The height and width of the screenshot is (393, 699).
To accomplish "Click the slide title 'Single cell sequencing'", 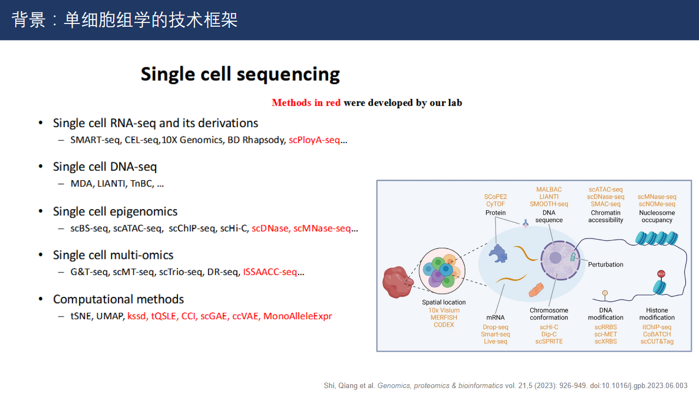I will pos(240,74).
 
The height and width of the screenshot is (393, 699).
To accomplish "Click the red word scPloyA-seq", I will pos(315,140).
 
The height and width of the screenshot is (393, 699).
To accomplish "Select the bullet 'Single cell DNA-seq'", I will pos(104,166).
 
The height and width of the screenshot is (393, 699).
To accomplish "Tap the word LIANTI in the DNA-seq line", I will pos(111,183).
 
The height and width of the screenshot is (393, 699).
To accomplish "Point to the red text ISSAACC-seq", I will pos(270,272).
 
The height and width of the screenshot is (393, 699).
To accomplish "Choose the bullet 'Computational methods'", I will pos(118,299).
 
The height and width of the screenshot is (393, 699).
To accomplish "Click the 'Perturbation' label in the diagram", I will pos(606,265).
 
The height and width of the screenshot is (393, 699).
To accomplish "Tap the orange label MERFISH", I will pos(444,318).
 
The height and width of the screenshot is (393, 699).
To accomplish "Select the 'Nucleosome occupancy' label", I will pos(657,216).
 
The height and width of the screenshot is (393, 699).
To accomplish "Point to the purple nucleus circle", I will pos(556,259).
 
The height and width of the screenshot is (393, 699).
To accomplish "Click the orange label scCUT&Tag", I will pos(657,342).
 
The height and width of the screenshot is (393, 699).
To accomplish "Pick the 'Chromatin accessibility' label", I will pos(606,216).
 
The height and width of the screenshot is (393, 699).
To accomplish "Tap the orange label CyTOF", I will pos(495,204).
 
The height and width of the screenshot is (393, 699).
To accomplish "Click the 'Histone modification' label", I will pos(657,314).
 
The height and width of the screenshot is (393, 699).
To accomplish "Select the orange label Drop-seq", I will pos(495,327).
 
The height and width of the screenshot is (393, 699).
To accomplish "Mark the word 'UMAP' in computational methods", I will pos(110,316).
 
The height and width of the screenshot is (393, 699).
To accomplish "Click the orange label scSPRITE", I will pos(549,342).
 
